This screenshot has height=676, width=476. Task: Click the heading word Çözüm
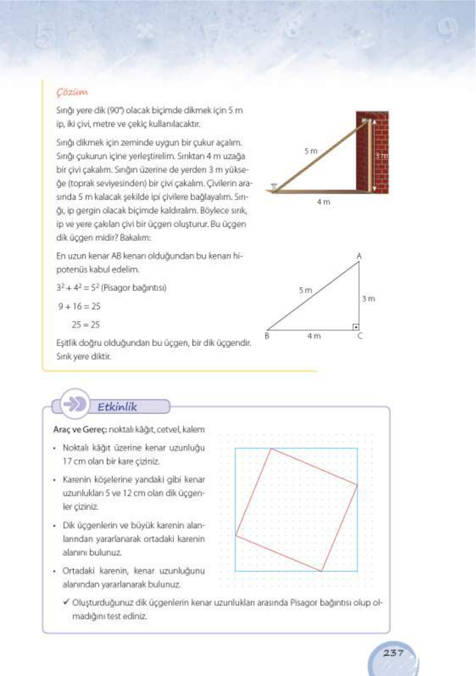coord(72,92)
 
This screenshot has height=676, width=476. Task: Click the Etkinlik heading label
coord(117,407)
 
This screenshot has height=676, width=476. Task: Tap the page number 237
coord(393,653)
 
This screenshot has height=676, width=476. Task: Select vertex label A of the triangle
coord(359,256)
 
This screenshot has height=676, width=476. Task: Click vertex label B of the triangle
coord(267,336)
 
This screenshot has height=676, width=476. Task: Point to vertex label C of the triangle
coord(360,336)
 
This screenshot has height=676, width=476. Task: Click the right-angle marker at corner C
coord(356,327)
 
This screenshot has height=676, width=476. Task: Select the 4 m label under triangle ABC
coord(314,336)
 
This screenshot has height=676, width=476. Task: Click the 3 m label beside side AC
coord(368,299)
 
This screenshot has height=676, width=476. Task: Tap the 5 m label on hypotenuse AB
coord(305,290)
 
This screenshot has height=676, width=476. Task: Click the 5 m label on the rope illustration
coord(311,151)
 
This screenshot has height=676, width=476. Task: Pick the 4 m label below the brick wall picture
coord(323,202)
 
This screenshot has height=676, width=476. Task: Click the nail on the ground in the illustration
coord(274,187)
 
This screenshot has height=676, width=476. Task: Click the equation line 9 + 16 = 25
coord(79,306)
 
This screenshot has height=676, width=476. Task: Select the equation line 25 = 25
coord(86,325)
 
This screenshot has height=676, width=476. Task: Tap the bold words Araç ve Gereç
coord(80,429)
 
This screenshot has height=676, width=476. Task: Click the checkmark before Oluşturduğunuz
coord(66,602)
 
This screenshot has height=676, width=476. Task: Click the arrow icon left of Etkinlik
coord(74,405)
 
